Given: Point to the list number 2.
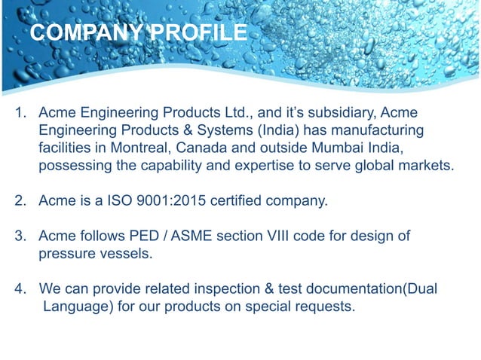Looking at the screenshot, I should (x=20, y=201).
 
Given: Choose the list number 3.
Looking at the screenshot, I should (x=20, y=236).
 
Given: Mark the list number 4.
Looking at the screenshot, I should (x=20, y=289).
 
